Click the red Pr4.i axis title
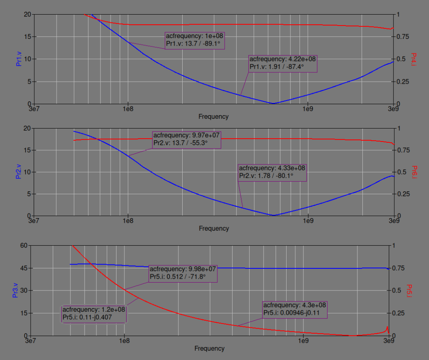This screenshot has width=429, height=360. pyautogui.click(x=413, y=59)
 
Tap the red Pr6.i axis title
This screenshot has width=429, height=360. pyautogui.click(x=413, y=172)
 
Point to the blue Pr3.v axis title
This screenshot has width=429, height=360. pyautogui.click(x=15, y=290)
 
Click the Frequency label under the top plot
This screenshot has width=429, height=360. pyautogui.click(x=214, y=116)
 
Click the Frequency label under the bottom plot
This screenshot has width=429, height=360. pyautogui.click(x=209, y=348)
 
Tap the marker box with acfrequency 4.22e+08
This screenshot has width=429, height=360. pyautogui.click(x=283, y=63)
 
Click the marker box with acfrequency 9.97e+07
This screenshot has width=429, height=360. pyautogui.click(x=186, y=139)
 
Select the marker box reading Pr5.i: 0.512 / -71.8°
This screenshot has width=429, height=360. pyautogui.click(x=183, y=273)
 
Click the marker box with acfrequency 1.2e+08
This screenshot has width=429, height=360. pyautogui.click(x=94, y=314)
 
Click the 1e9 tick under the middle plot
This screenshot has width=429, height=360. pyautogui.click(x=308, y=221)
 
